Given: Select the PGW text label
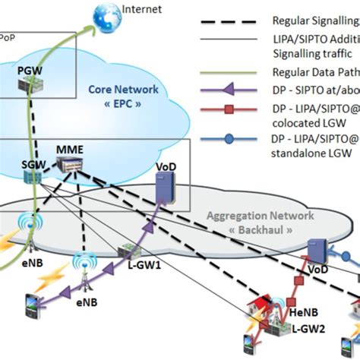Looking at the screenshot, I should [30, 68].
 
